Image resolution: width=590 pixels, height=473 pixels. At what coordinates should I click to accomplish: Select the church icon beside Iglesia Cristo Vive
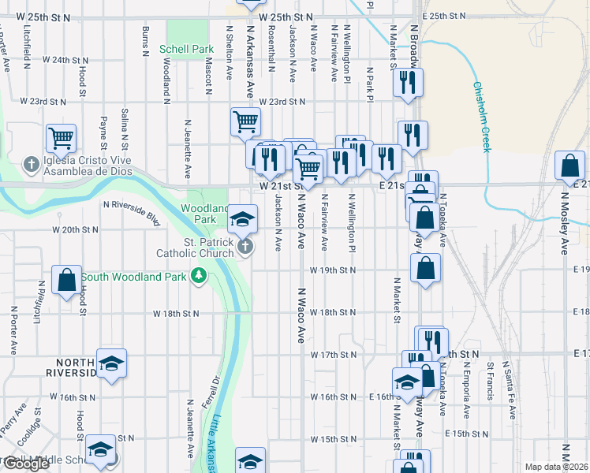(x=31, y=166)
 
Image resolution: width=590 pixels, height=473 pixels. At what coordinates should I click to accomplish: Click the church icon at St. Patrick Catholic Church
(x=245, y=248)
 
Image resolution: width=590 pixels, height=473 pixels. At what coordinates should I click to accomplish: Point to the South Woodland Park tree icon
(x=200, y=276)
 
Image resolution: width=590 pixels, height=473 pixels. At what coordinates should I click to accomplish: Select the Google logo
(x=26, y=464)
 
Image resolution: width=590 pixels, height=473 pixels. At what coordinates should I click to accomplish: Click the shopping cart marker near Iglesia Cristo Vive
(x=61, y=139)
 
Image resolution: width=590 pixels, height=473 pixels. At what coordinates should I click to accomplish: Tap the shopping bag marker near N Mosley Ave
(x=569, y=166)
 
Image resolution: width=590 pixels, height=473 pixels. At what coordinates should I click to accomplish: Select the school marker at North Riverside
(x=112, y=363)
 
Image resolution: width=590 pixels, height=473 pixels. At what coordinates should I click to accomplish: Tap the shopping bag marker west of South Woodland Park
(x=67, y=280)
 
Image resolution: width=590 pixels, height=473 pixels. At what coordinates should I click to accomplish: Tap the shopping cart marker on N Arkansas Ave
(x=245, y=123)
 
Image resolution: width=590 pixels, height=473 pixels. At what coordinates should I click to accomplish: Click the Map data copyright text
(x=556, y=467)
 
